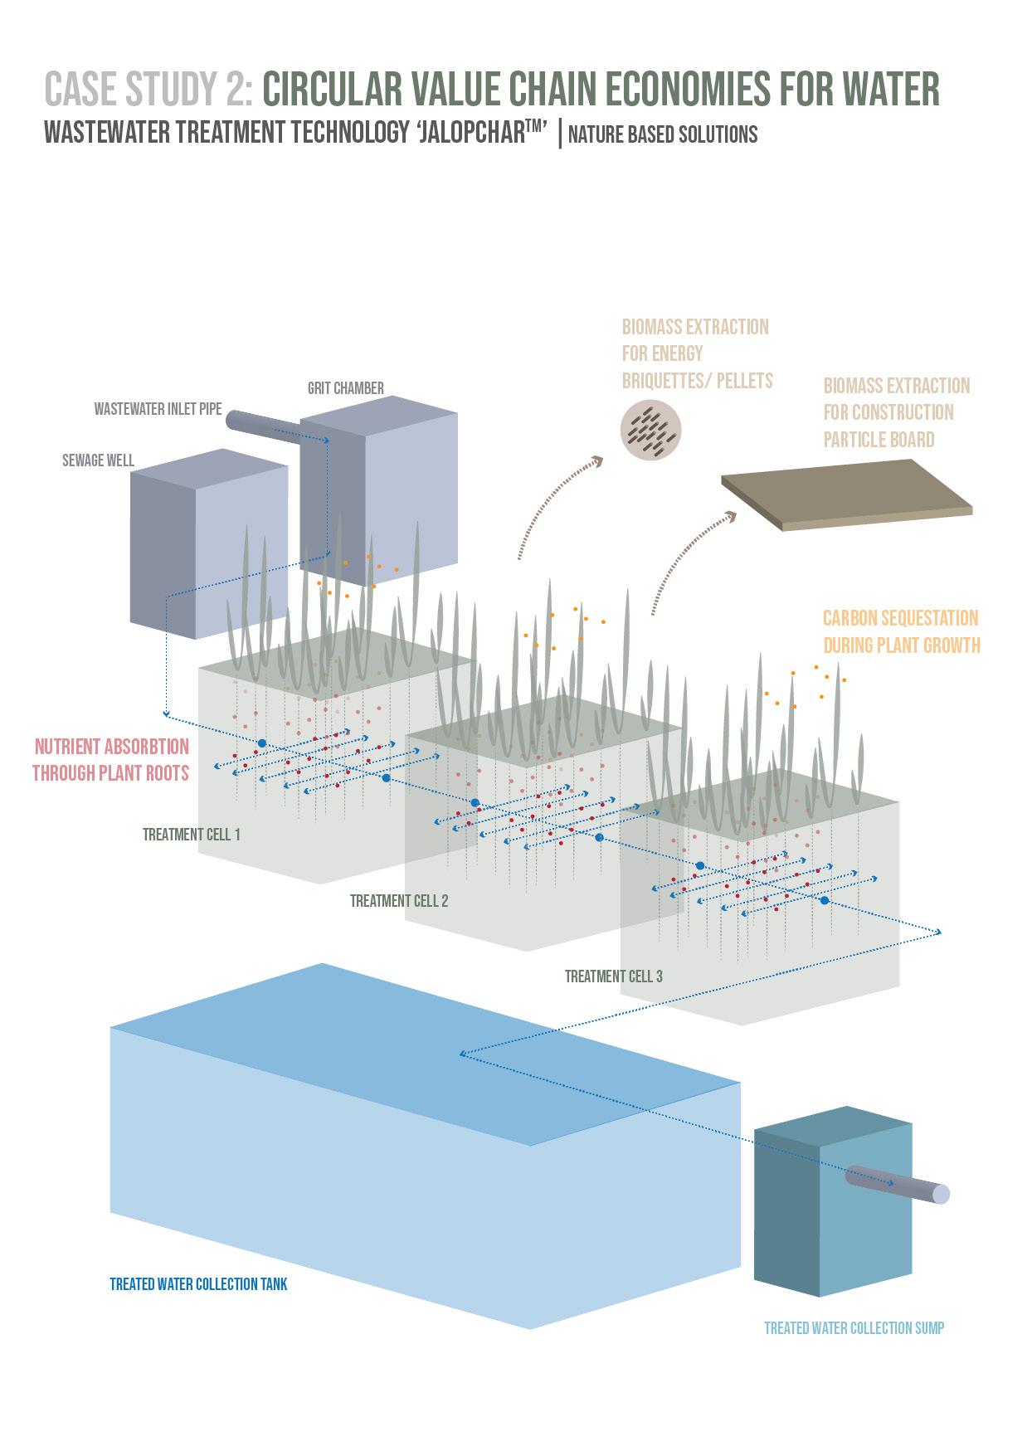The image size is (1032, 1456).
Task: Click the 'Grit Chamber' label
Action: click(345, 388)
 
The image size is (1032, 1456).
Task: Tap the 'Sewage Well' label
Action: click(98, 460)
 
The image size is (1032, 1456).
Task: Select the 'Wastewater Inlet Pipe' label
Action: click(158, 409)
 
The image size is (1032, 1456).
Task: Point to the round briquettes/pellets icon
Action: click(652, 431)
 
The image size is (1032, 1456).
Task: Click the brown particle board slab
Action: click(846, 495)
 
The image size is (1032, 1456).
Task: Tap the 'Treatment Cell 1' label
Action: click(192, 835)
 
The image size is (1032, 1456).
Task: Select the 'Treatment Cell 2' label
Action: click(399, 901)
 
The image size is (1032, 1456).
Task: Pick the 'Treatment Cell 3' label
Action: click(614, 976)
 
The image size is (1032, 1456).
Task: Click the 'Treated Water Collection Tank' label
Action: click(198, 1284)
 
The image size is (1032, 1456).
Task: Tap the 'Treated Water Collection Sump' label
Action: click(854, 1328)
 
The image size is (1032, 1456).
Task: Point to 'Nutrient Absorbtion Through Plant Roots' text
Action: click(110, 760)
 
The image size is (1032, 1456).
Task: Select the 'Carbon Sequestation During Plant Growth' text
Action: click(901, 631)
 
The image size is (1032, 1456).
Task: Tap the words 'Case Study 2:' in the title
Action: click(148, 90)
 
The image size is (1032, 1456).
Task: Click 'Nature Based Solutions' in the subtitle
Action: click(663, 134)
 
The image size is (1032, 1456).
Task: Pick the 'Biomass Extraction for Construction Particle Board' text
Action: click(896, 412)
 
